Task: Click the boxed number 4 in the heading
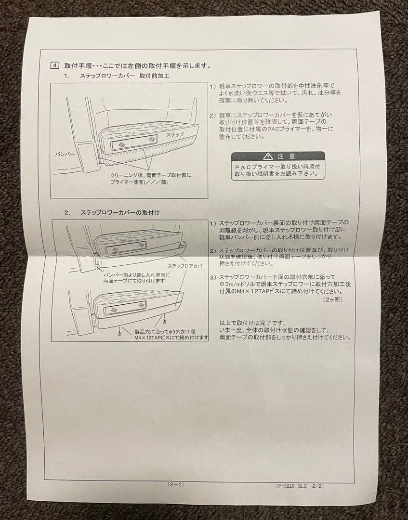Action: coord(55,65)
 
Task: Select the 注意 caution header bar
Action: coord(277,156)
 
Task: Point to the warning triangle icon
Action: coord(268,156)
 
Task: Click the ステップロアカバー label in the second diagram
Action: coord(187,266)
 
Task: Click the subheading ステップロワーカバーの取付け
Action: coord(120,212)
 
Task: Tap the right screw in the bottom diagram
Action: coord(165,320)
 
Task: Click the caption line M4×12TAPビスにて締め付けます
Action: coord(171,338)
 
